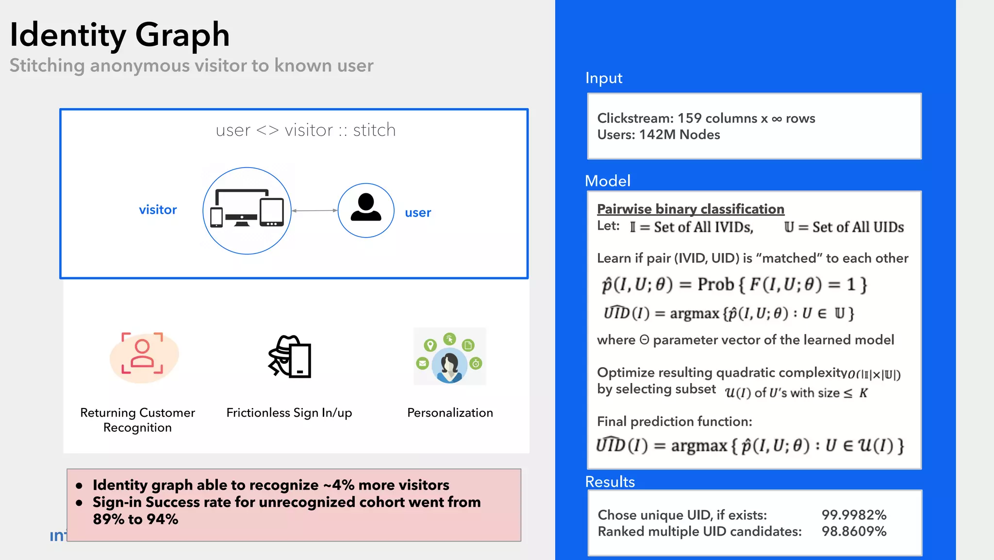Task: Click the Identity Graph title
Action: click(x=119, y=35)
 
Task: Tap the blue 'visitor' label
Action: click(x=158, y=210)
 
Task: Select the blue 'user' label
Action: click(x=418, y=213)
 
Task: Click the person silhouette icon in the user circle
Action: click(x=366, y=208)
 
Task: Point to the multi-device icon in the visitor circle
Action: click(x=247, y=209)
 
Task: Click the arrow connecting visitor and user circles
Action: click(x=315, y=210)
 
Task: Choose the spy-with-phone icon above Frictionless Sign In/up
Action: click(x=290, y=356)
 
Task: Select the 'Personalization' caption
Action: click(x=450, y=413)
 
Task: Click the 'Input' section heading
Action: click(x=604, y=78)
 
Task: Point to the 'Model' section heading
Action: click(x=608, y=181)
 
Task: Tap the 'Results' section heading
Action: click(x=610, y=482)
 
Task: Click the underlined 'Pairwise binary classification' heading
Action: click(x=690, y=209)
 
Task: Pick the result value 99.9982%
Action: click(x=854, y=515)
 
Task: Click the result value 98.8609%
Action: click(x=854, y=531)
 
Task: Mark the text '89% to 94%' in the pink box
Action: click(x=135, y=519)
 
